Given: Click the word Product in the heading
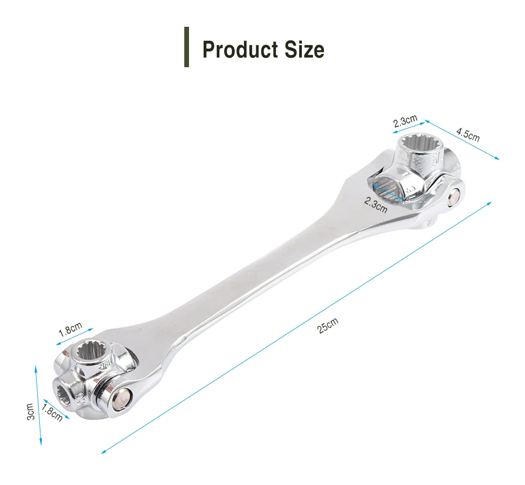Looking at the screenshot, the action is click(240, 50).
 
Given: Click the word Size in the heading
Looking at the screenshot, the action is click(304, 49).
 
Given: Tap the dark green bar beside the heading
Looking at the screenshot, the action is click(186, 47).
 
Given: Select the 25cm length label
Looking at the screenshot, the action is click(328, 325).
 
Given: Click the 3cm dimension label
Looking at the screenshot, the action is click(30, 412).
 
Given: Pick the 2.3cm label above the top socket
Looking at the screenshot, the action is click(405, 121).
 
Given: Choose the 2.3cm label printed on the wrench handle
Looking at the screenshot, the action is click(376, 205).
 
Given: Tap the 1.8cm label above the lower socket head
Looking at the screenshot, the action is click(70, 329).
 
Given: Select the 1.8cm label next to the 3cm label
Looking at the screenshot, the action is click(52, 413).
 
